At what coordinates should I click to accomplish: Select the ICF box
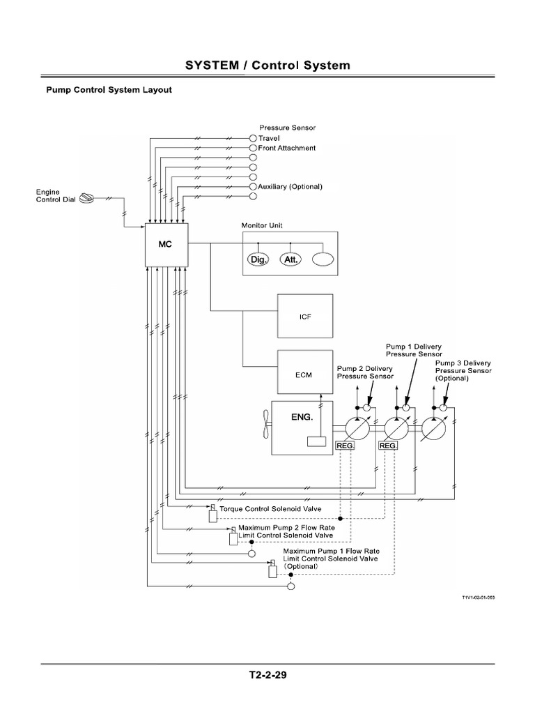click(x=305, y=316)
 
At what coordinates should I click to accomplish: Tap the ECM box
click(x=305, y=374)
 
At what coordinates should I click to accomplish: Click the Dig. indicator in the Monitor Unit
click(x=258, y=259)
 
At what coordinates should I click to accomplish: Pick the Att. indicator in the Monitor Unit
click(x=290, y=259)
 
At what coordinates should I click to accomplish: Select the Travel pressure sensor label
click(x=269, y=138)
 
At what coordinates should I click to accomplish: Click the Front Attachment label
click(x=286, y=148)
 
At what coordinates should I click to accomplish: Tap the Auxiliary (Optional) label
click(x=290, y=187)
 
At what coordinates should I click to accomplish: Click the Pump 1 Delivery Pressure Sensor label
click(x=414, y=350)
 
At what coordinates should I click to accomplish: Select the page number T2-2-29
click(x=267, y=676)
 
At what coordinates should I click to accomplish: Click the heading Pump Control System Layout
click(x=109, y=90)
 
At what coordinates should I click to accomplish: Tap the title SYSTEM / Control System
click(x=267, y=66)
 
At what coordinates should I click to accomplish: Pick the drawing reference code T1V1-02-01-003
click(x=480, y=598)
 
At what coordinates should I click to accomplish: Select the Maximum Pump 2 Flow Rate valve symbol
click(x=233, y=537)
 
